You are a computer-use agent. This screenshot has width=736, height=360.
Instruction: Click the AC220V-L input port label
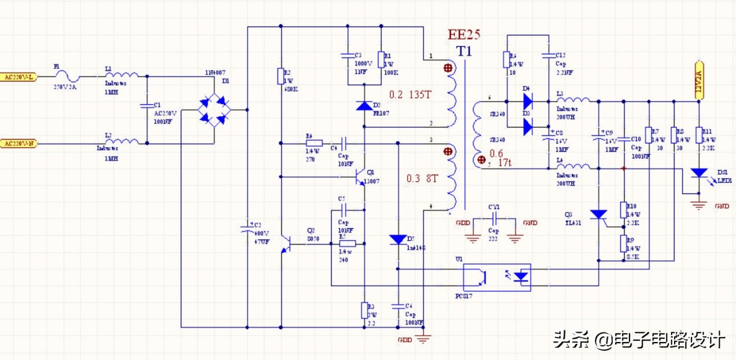[x=19, y=77]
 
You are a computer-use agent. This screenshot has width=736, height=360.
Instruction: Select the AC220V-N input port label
[x=19, y=143]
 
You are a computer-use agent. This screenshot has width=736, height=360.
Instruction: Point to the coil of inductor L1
[x=122, y=75]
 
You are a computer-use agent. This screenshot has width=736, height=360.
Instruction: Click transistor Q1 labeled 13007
[x=360, y=176]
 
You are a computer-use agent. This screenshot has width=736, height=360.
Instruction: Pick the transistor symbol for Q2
[x=285, y=244]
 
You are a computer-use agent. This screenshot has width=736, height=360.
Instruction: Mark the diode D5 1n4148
[x=398, y=238]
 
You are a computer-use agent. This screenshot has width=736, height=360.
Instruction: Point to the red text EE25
[x=464, y=35]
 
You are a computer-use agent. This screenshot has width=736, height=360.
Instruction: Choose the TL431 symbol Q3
[x=598, y=215]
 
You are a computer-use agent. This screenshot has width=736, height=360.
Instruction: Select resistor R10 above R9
[x=624, y=210]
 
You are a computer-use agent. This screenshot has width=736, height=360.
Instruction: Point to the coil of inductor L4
[x=573, y=167]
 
